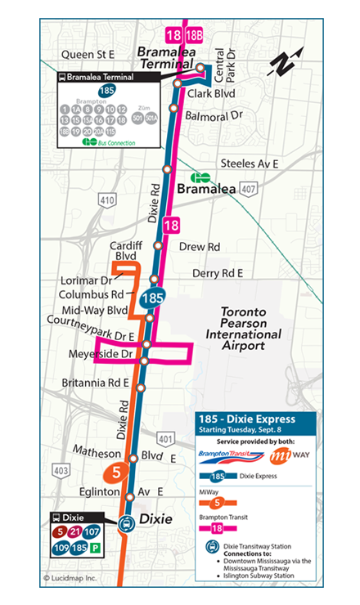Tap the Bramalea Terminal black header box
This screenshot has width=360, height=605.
106,78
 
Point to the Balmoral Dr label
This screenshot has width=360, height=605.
215,115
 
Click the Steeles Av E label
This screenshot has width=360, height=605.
245,164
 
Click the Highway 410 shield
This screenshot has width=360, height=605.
107,199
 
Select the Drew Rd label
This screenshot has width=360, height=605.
200,246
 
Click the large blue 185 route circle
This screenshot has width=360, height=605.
152,298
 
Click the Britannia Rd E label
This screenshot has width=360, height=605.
96,383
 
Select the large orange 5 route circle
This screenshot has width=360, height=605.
115,472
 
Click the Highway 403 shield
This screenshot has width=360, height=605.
60,470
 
